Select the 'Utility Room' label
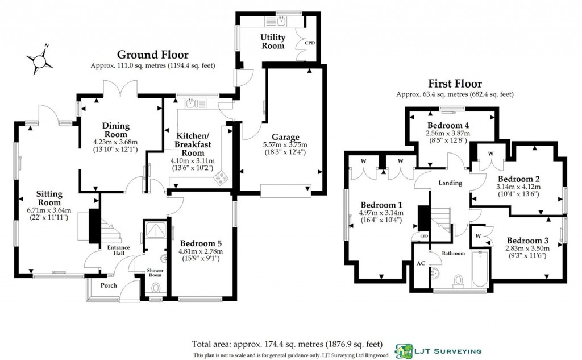(x=272, y=42)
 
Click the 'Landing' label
(x=450, y=183)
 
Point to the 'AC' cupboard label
(x=421, y=263)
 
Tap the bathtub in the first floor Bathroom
(x=479, y=271)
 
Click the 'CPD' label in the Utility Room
(x=310, y=43)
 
